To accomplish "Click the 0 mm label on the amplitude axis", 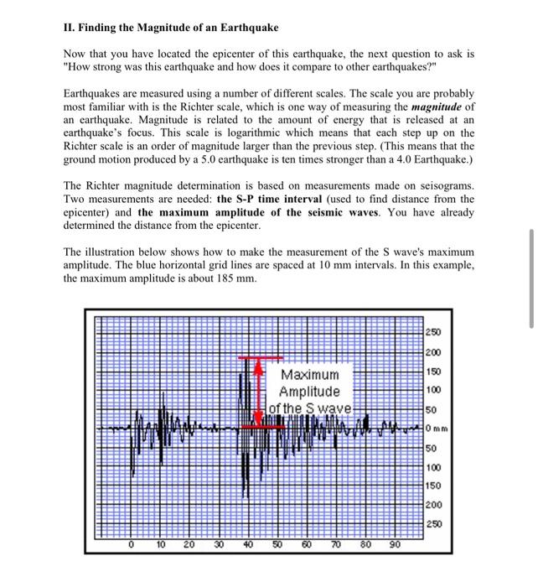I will [x=438, y=429].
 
